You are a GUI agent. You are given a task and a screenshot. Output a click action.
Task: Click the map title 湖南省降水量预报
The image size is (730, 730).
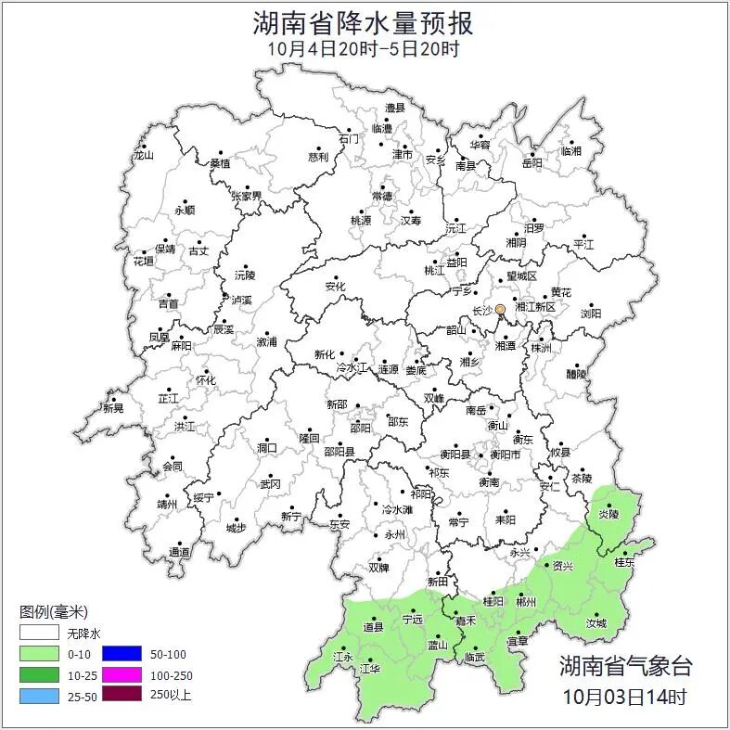(x=364, y=22)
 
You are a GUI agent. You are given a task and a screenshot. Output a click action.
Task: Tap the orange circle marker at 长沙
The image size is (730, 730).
(x=500, y=309)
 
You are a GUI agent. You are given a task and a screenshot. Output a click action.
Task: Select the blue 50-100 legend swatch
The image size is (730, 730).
(x=122, y=655)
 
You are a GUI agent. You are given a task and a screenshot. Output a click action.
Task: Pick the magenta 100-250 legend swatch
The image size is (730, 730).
(x=122, y=674)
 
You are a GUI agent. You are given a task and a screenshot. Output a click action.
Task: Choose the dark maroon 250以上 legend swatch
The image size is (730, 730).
(x=122, y=694)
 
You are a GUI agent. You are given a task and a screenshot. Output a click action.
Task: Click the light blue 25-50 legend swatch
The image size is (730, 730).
(x=40, y=695)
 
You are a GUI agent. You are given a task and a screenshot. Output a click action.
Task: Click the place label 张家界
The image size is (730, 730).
(x=247, y=197)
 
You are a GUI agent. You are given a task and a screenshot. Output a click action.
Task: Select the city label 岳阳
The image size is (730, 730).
(x=532, y=163)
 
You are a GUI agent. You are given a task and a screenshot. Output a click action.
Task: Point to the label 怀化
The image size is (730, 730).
(x=205, y=380)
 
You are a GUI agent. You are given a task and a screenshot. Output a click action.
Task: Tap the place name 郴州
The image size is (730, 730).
(x=526, y=602)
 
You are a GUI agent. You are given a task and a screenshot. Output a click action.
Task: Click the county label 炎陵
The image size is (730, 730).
(x=608, y=513)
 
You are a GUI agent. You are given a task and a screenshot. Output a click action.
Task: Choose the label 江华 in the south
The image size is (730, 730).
(x=370, y=668)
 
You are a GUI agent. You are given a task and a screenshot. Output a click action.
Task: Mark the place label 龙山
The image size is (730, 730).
(x=143, y=155)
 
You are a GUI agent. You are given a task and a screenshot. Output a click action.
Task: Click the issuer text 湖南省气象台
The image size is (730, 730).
(x=625, y=665)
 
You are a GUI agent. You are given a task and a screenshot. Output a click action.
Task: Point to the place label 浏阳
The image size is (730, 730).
(x=590, y=314)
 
